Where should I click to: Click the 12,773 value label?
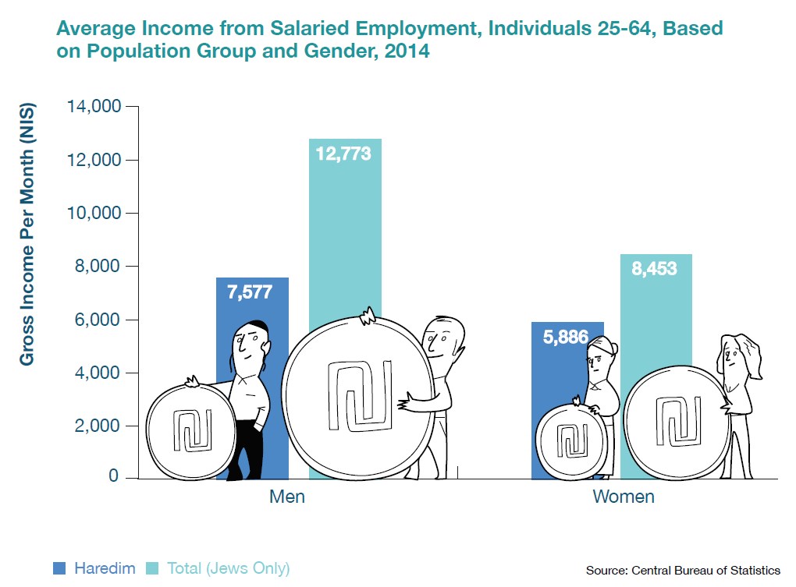(344, 154)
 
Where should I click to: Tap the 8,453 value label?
(655, 269)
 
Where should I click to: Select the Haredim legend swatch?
(60, 568)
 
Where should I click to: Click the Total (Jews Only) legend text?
(228, 568)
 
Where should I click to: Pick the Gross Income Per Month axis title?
(27, 234)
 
